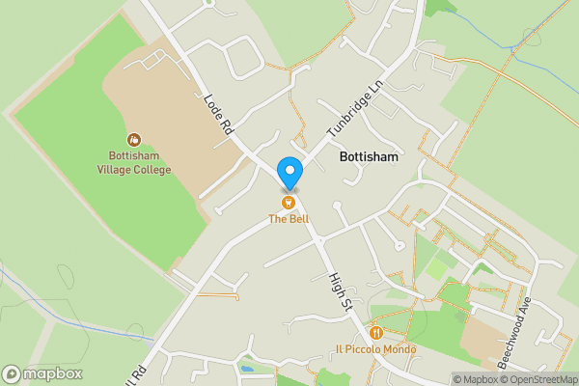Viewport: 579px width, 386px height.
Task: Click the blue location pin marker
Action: pos(289,172)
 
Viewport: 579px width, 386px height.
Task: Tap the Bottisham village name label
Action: pos(369,155)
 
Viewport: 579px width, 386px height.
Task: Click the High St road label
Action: pos(338,292)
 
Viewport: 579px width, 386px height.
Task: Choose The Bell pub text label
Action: pos(288,219)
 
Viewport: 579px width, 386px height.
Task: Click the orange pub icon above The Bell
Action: pos(288,203)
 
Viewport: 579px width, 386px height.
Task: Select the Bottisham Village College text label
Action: pos(133,163)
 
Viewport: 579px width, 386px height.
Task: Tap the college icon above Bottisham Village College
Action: pos(133,141)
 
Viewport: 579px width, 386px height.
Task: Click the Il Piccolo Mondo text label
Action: pos(375,349)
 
